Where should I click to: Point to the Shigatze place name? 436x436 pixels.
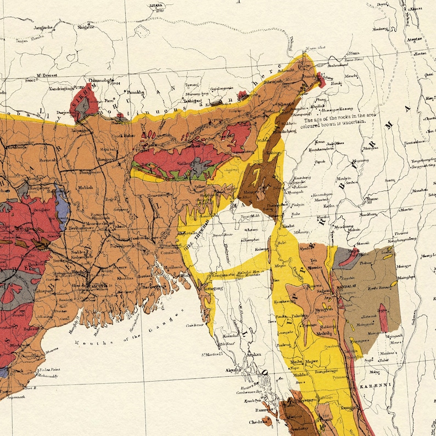pyautogui.click(x=87, y=26)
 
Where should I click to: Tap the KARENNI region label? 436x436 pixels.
pyautogui.click(x=376, y=387)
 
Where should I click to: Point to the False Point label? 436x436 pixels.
pyautogui.click(x=49, y=370)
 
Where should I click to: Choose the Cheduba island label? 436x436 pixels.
pyautogui.click(x=259, y=423)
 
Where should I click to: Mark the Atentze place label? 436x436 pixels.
pyautogui.click(x=413, y=39)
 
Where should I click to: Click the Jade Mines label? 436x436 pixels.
pyautogui.click(x=331, y=144)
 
